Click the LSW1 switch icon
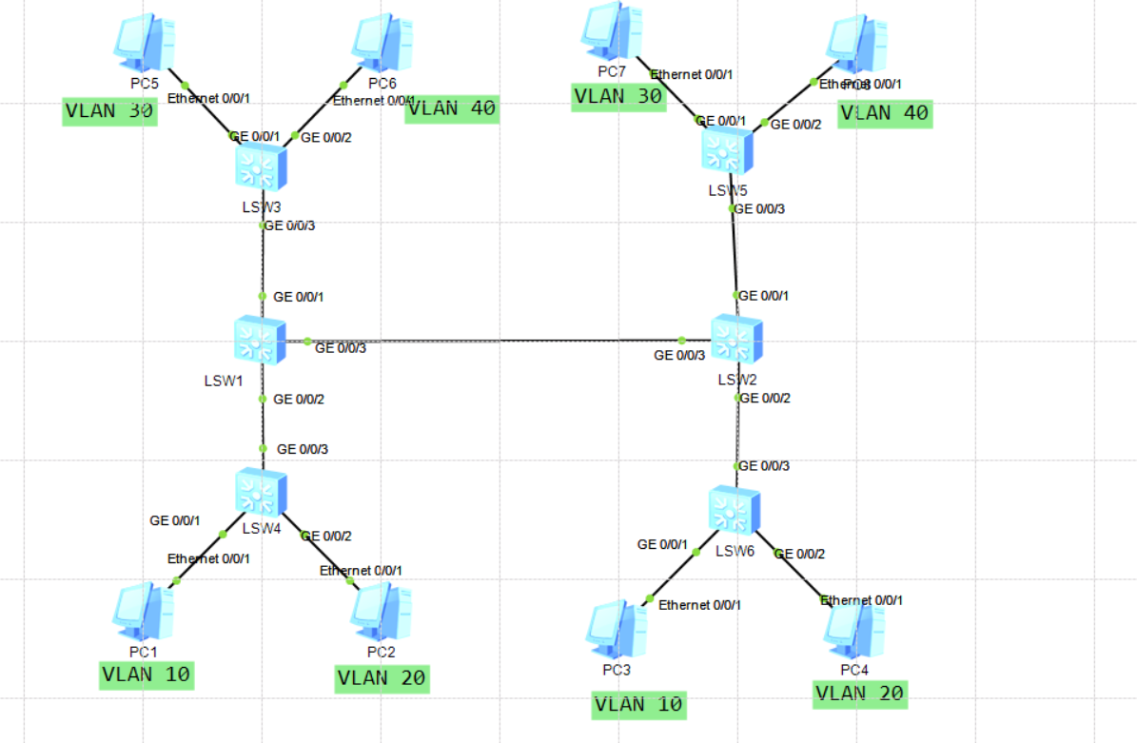click(260, 342)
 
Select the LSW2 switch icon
click(736, 340)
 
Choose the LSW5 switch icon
click(728, 150)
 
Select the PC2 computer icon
click(381, 612)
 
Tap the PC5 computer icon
click(143, 40)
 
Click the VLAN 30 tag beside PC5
click(109, 110)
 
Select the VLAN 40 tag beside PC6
click(451, 108)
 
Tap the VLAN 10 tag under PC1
click(147, 675)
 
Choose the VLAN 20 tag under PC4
click(860, 694)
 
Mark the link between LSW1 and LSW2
click(495, 341)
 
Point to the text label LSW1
click(225, 381)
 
